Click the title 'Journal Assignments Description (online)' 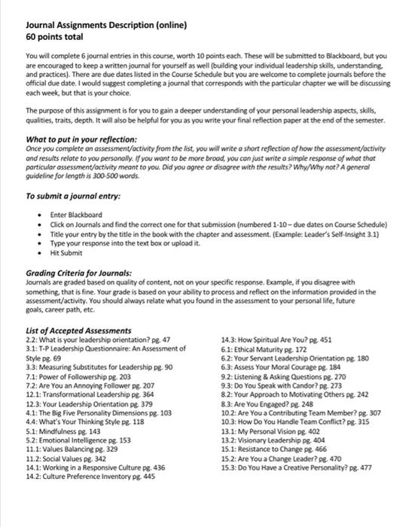(x=106, y=24)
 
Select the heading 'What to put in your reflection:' (x=81, y=139)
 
